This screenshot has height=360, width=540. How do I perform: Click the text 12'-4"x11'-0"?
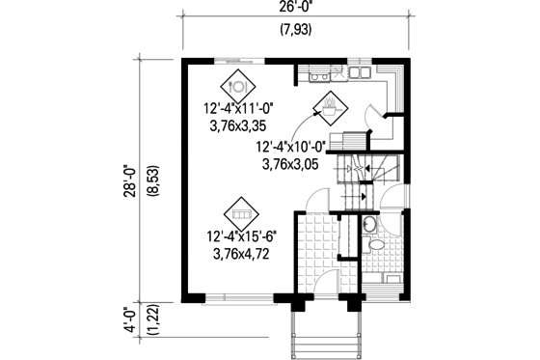point(237,108)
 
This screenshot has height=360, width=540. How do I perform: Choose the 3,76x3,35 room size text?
point(237,125)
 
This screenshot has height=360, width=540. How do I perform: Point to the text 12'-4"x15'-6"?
point(240,236)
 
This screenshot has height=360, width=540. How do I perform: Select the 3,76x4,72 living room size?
point(240,253)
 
